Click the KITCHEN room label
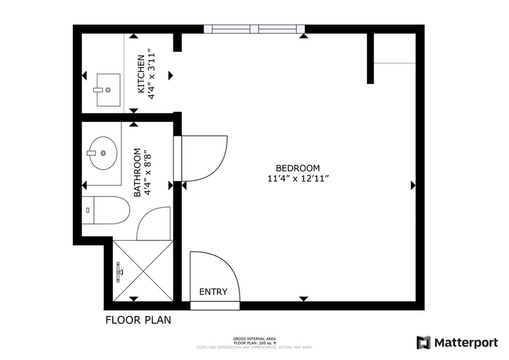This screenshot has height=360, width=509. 141,74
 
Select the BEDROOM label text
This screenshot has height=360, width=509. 298,168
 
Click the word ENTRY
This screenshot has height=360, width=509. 213,292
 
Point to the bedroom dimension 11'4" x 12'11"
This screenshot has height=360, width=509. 298,179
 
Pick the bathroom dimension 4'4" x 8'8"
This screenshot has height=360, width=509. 148,172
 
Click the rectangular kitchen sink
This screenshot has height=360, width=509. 108,89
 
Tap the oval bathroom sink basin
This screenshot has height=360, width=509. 102,153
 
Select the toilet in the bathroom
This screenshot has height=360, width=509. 108,211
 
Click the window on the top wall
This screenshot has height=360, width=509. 254,29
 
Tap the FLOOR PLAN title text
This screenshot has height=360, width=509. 138,320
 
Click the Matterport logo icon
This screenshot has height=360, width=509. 423,342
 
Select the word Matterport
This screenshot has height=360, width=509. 466,342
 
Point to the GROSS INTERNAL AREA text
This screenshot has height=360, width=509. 254,339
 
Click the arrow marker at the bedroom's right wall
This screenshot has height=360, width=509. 413,185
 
